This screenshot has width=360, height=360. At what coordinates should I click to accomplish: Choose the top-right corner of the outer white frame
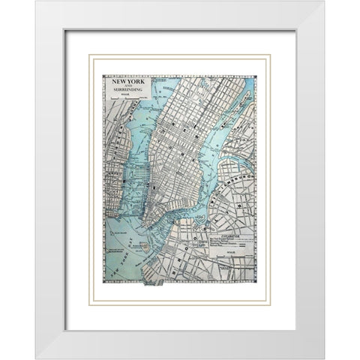point(324,1)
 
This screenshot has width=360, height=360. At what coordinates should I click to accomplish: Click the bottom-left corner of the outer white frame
point(35,358)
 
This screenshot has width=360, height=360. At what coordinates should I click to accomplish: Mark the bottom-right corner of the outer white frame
point(324,358)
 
